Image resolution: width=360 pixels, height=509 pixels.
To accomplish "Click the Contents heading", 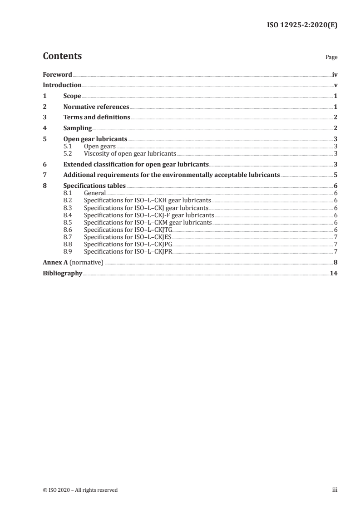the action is pyautogui.click(x=62, y=57).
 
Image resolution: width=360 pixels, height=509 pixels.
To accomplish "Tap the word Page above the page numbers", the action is pyautogui.click(x=331, y=58).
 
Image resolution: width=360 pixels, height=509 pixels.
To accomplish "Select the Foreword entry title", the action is pyautogui.click(x=57, y=74).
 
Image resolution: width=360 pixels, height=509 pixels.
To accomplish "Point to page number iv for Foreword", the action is pyautogui.click(x=335, y=74).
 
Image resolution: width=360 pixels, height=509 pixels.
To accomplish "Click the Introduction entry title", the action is pyautogui.click(x=62, y=85).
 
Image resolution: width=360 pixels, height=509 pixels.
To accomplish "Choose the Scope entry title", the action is pyautogui.click(x=72, y=96).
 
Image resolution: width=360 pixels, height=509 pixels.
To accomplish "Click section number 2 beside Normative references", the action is pyautogui.click(x=44, y=107).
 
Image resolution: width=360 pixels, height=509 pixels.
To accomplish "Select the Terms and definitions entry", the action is pyautogui.click(x=97, y=117).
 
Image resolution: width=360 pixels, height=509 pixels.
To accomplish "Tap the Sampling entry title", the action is pyautogui.click(x=78, y=128).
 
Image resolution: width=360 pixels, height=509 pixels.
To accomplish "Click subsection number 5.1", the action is pyautogui.click(x=68, y=147).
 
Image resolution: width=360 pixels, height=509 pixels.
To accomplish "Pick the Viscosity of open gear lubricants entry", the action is pyautogui.click(x=130, y=153).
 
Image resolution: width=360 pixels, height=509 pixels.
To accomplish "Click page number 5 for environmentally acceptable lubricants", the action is pyautogui.click(x=335, y=175).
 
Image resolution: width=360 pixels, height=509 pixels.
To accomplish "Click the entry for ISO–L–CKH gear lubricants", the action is pyautogui.click(x=148, y=200).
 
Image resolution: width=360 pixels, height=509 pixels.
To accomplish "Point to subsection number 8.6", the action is pyautogui.click(x=68, y=230).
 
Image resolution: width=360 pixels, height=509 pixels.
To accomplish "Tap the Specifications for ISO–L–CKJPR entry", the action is pyautogui.click(x=128, y=251).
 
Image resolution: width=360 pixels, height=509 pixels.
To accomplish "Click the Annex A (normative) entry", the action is pyautogui.click(x=73, y=262).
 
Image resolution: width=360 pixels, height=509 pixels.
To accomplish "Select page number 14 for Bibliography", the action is pyautogui.click(x=333, y=274).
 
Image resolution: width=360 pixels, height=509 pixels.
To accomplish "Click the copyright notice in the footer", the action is pyautogui.click(x=80, y=490).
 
